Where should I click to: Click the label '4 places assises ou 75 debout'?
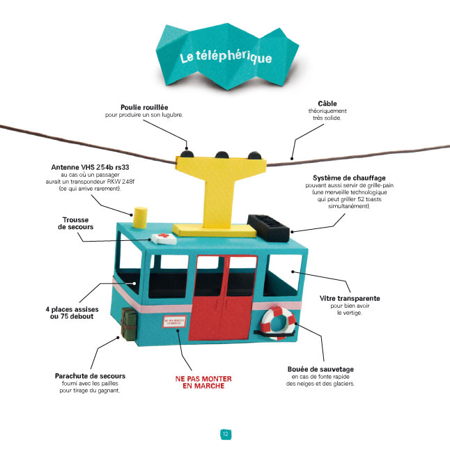(70, 312)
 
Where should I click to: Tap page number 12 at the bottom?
(225, 434)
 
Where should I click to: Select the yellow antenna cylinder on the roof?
(141, 216)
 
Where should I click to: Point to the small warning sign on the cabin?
(174, 322)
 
